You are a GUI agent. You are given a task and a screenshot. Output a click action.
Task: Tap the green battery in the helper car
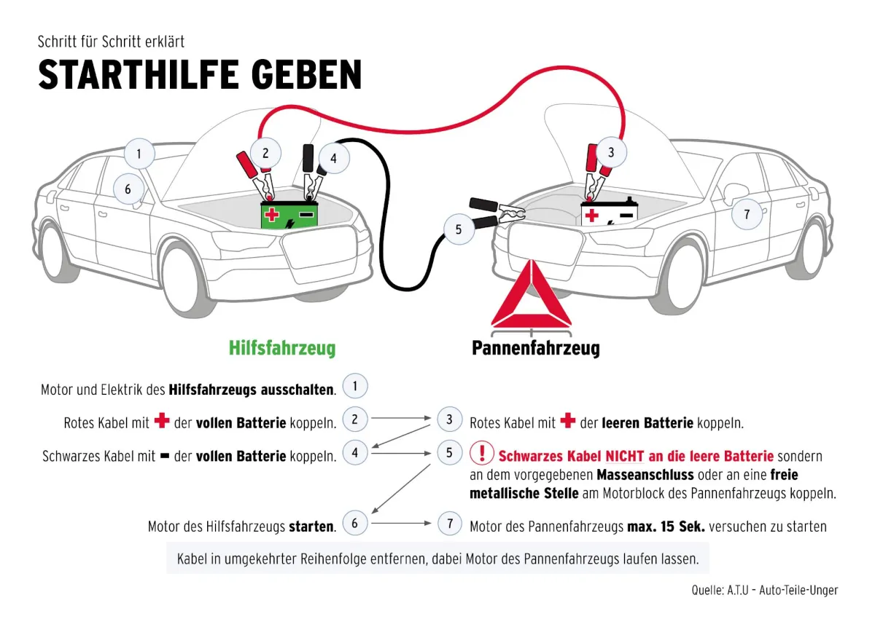[x=290, y=215]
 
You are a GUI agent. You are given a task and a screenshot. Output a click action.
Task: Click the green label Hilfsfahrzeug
[x=282, y=348]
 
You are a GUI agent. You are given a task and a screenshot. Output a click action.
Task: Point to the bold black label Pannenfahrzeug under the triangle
[x=535, y=348]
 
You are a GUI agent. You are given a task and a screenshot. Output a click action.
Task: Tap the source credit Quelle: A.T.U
[x=764, y=590]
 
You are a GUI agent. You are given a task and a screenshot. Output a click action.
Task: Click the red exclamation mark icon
[x=481, y=454]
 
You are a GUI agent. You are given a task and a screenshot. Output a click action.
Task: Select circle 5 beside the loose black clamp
[x=458, y=229]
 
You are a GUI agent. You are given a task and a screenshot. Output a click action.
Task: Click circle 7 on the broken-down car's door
[x=746, y=214]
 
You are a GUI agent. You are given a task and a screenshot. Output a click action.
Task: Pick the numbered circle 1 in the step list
[x=354, y=386]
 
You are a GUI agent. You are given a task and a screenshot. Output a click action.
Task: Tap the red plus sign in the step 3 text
[x=568, y=422]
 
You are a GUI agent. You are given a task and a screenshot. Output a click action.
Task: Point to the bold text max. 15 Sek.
[x=666, y=527]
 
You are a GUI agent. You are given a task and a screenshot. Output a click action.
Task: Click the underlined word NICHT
[x=624, y=457]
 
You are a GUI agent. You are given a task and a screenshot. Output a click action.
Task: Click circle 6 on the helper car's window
[x=128, y=189]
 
